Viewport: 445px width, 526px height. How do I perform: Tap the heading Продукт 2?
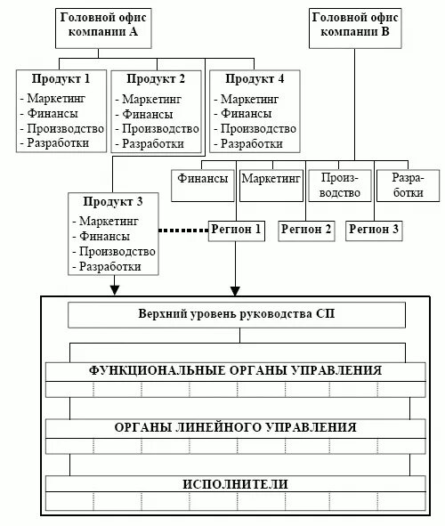point(155,78)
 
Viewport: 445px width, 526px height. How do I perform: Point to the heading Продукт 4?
point(253,78)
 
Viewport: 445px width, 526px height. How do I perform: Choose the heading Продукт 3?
point(113,201)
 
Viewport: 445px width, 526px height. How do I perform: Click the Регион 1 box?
point(236,230)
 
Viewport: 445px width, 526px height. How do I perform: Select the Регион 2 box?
point(305,230)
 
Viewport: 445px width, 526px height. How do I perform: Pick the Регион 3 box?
point(374,230)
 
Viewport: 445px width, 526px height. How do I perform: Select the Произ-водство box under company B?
point(339,185)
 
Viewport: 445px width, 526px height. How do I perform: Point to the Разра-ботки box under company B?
point(408,185)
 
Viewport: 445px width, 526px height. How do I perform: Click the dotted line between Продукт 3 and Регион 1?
point(182,231)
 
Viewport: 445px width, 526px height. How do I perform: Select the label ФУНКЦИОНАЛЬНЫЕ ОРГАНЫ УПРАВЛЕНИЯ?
point(236,370)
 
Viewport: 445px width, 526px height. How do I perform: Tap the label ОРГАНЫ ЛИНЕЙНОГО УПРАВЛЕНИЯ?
point(236,427)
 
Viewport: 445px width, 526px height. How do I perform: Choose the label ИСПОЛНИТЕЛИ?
point(236,484)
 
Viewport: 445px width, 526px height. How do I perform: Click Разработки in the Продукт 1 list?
point(58,142)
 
